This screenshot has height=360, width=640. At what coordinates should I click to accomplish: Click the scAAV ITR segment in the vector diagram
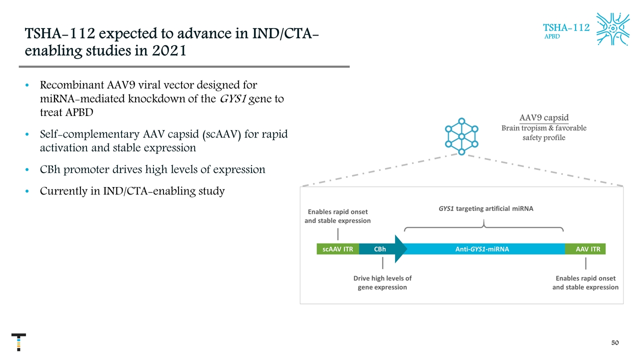[x=338, y=249]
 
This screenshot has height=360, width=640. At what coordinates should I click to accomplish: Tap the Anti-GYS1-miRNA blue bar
[x=482, y=249]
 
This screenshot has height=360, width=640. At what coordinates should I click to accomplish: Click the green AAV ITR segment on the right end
[x=587, y=249]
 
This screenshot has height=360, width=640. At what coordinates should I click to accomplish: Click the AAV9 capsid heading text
[x=543, y=118]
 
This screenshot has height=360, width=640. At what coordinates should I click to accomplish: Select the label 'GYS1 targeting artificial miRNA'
[x=482, y=209]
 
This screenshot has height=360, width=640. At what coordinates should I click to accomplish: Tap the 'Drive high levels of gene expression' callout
[x=382, y=282]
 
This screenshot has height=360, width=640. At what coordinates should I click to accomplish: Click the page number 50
[x=615, y=342]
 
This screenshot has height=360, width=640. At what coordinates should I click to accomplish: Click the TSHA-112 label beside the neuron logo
[x=566, y=27]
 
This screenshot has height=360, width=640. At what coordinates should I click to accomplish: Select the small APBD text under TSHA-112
[x=552, y=36]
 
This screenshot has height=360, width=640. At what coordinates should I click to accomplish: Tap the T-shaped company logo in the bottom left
[x=18, y=342]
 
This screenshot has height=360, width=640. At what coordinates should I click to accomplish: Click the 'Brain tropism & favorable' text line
[x=543, y=128]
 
